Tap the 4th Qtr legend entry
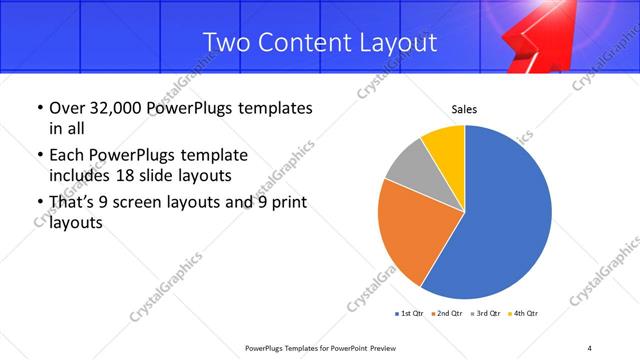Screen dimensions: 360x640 point(524,314)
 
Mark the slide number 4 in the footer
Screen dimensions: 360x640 point(589,347)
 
